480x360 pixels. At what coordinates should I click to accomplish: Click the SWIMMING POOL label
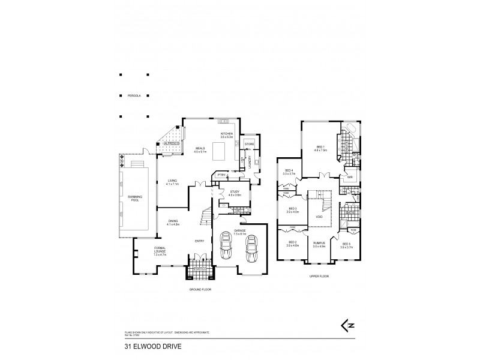tap(133, 199)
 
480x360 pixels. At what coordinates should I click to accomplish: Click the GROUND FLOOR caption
tap(200, 289)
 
